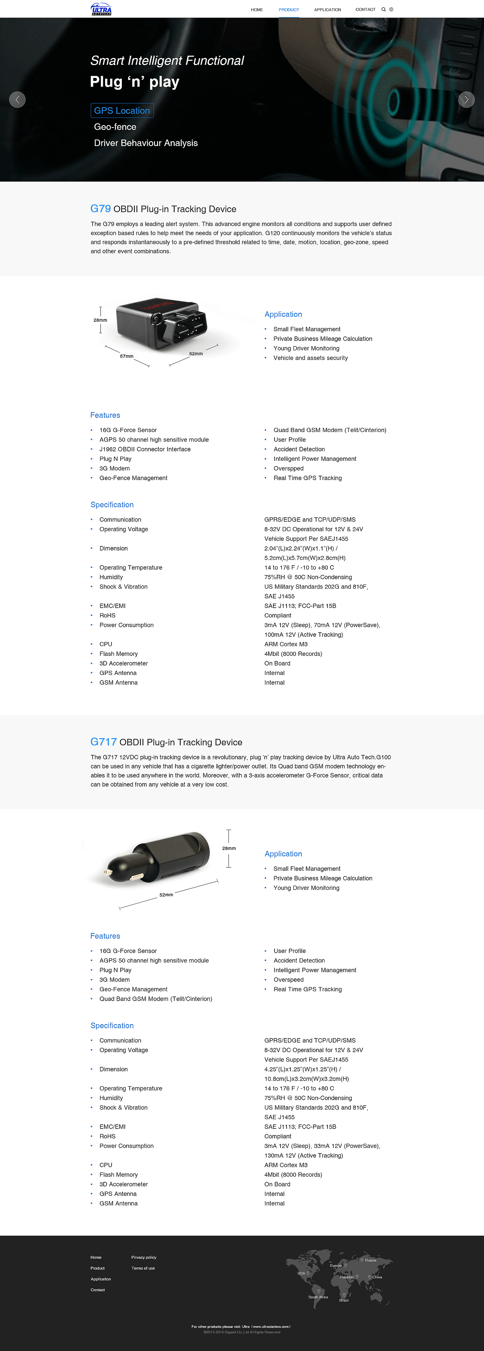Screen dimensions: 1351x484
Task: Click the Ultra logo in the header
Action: tap(101, 9)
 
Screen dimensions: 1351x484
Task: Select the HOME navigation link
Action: tap(256, 10)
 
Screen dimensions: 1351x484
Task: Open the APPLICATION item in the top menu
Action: tap(327, 10)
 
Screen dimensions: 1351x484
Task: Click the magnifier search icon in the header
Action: tap(383, 9)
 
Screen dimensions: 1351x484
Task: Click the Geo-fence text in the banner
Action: tap(115, 127)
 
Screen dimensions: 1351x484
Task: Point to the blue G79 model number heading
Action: tap(101, 209)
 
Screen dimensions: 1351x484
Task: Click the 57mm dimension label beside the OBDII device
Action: tap(126, 356)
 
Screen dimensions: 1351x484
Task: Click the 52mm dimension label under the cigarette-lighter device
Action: tap(166, 895)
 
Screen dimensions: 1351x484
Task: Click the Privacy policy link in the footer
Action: tap(144, 1257)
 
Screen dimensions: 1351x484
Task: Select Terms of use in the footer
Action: tap(143, 1268)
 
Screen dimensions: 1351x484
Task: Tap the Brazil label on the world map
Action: tap(344, 1300)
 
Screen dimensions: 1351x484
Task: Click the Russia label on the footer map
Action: tap(370, 1260)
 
